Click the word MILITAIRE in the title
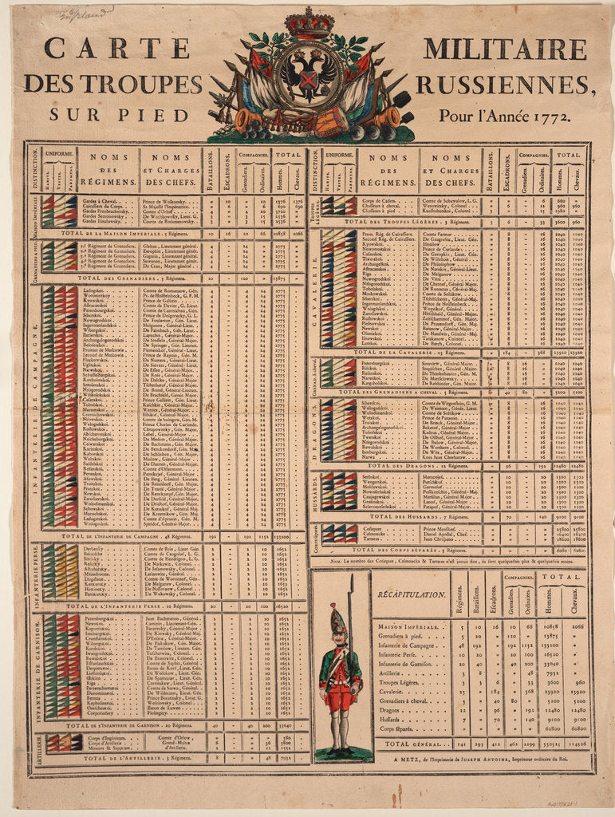(x=504, y=49)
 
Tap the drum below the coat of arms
(x=329, y=123)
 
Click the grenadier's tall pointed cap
(x=337, y=619)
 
